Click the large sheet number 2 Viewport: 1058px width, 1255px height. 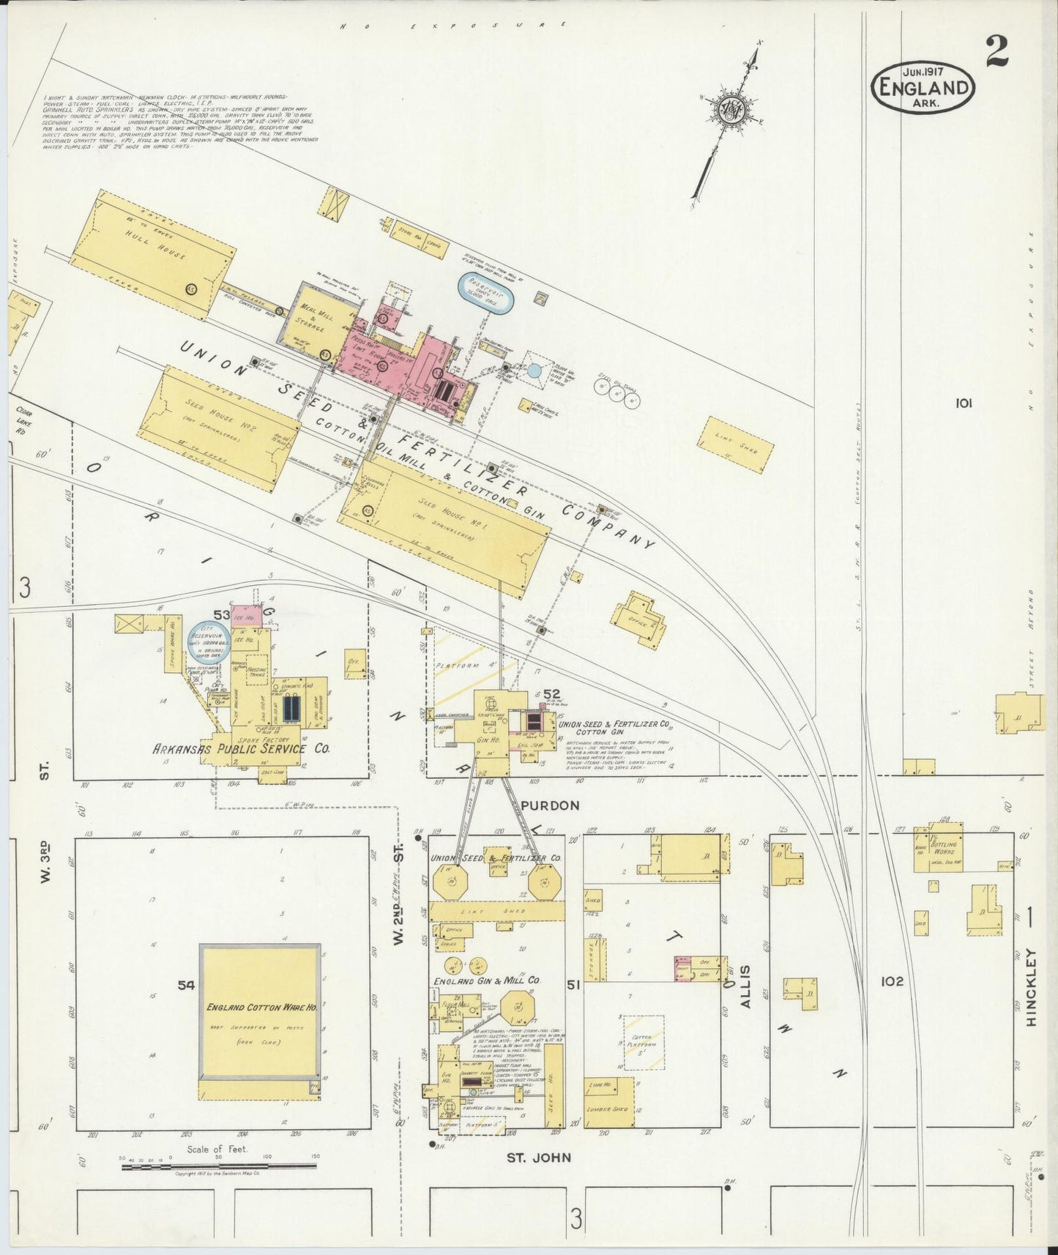pos(996,52)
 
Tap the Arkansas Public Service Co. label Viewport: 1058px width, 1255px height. pos(241,749)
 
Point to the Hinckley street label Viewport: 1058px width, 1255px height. pos(1032,987)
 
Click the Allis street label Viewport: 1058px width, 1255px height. pos(745,986)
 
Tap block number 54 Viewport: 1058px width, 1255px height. pos(187,986)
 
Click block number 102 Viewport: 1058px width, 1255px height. pos(893,981)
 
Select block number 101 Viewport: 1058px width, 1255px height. pos(964,403)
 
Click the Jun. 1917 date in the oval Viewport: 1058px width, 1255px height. pos(922,72)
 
